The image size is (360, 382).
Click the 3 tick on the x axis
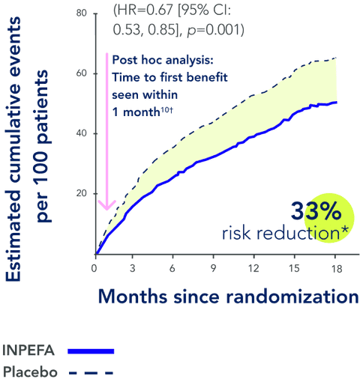click(x=133, y=267)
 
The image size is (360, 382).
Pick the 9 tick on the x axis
click(x=214, y=267)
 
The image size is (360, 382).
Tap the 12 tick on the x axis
click(x=254, y=267)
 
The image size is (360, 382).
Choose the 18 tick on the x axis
click(x=336, y=267)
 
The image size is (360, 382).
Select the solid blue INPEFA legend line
click(x=90, y=351)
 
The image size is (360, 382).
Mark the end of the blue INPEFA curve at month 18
click(x=336, y=102)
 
